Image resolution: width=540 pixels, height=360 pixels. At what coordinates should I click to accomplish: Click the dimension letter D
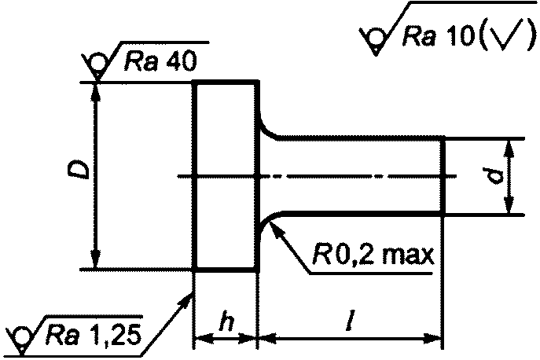[79, 170]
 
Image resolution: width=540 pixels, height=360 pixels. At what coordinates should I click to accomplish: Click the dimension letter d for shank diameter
[493, 176]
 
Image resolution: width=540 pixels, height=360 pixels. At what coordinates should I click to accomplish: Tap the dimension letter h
[227, 323]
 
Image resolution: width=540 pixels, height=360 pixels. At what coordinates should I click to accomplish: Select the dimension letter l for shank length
[351, 321]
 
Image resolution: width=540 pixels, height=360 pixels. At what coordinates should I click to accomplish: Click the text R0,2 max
[373, 255]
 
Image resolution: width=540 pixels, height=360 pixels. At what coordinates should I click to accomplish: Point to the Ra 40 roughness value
[160, 61]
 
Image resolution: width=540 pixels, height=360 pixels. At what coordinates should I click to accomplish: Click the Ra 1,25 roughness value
[94, 334]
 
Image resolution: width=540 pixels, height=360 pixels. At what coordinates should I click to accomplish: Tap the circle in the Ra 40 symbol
[97, 64]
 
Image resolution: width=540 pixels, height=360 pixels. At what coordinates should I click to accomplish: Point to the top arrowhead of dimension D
[97, 92]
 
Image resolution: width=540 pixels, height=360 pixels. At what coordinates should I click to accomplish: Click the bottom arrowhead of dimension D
[97, 259]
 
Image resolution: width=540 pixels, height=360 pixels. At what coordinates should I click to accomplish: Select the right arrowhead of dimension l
[432, 338]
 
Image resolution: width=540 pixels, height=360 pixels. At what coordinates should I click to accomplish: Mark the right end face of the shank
[443, 176]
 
